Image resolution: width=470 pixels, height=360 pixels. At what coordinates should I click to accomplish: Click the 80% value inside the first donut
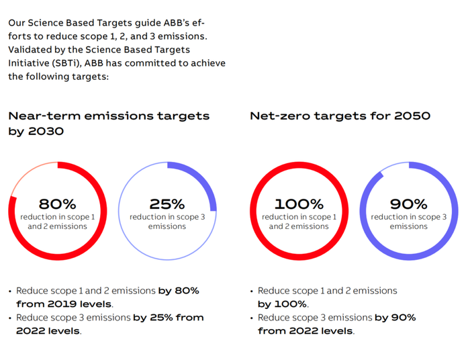pyautogui.click(x=58, y=204)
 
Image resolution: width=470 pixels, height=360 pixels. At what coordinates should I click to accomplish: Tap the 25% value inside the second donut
pyautogui.click(x=167, y=204)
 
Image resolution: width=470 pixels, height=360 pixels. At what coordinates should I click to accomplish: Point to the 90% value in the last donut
pyautogui.click(x=408, y=204)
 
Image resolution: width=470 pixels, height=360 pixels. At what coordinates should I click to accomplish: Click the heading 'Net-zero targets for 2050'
pyautogui.click(x=340, y=116)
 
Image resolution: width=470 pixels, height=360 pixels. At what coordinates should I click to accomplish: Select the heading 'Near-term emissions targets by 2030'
pyautogui.click(x=109, y=124)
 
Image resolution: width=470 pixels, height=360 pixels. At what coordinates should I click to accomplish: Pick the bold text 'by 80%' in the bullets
pyautogui.click(x=179, y=291)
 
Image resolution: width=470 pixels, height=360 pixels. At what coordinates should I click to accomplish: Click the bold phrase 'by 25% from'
pyautogui.click(x=169, y=317)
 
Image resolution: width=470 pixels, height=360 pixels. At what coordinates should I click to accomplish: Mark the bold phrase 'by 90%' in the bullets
pyautogui.click(x=395, y=317)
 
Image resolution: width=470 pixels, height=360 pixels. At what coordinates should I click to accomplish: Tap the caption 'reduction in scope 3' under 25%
pyautogui.click(x=167, y=217)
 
